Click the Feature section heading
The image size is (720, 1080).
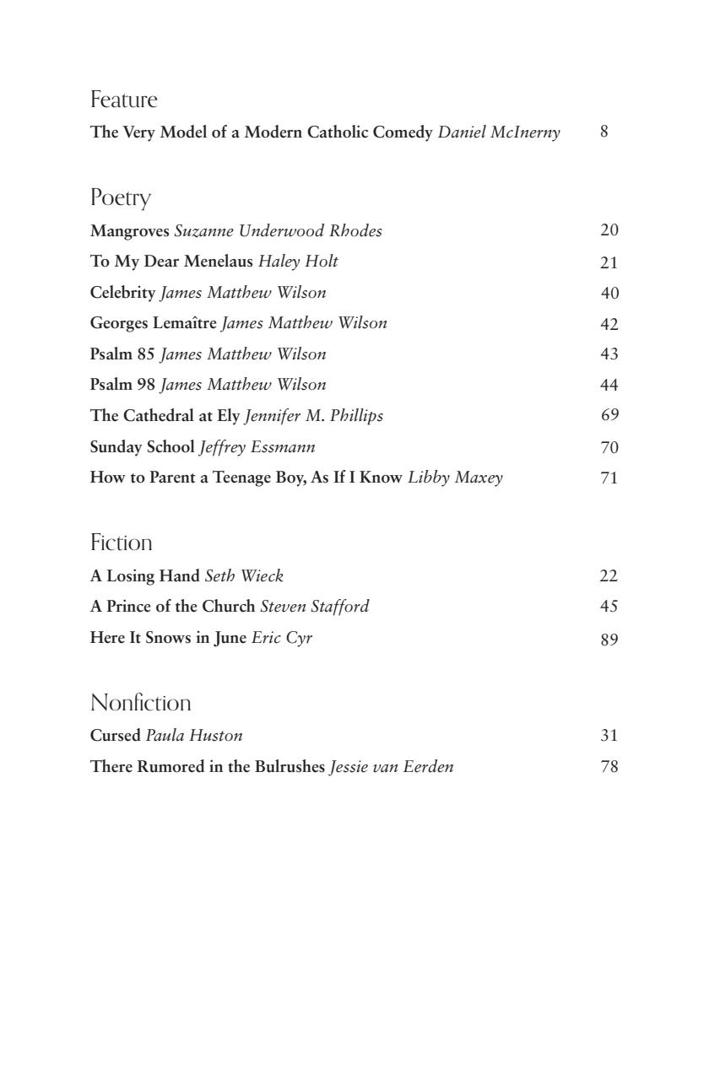click(123, 100)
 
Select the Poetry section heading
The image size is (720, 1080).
click(120, 198)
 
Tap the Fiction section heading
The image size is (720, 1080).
click(121, 543)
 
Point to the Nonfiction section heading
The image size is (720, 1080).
click(140, 703)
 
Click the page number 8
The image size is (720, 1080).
click(604, 132)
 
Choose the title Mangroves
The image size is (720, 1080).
click(129, 231)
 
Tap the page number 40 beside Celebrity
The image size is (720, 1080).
click(609, 294)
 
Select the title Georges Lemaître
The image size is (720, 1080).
click(153, 323)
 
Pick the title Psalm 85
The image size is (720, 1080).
click(122, 354)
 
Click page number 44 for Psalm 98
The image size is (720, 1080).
click(609, 386)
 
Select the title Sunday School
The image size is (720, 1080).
click(142, 447)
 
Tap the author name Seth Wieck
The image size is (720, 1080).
click(244, 577)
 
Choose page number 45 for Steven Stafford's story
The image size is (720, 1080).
click(609, 607)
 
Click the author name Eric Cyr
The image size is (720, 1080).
click(282, 639)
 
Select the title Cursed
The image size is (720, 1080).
click(115, 736)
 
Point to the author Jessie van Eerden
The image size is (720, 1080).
click(392, 768)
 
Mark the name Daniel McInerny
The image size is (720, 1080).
click(499, 132)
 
